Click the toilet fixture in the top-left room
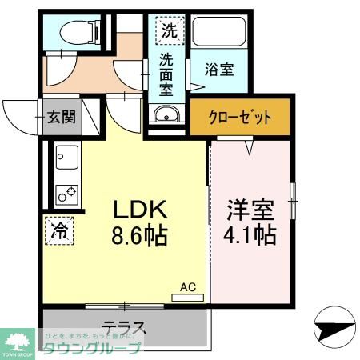(81, 32)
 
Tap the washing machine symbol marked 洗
(170, 32)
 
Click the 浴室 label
(218, 70)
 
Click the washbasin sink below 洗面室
(166, 114)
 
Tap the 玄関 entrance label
(61, 117)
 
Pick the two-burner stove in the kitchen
(64, 193)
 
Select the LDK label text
(138, 210)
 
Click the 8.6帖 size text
(138, 237)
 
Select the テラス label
(124, 327)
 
